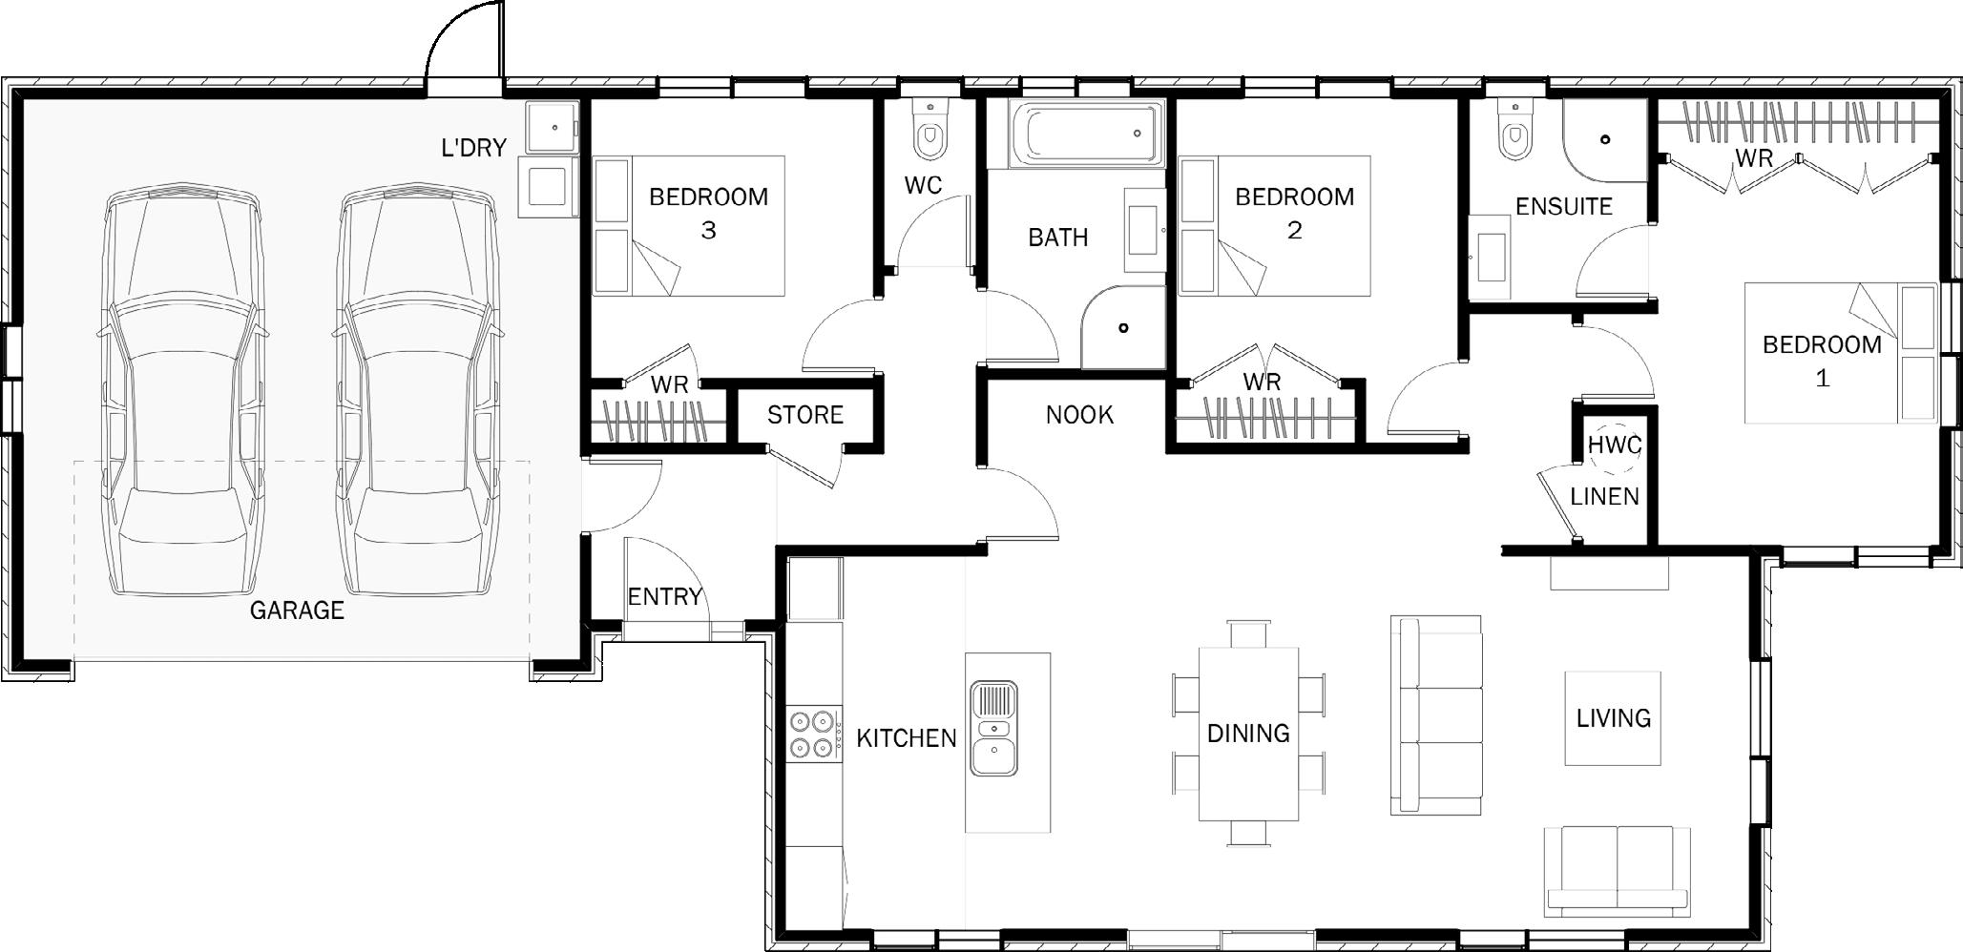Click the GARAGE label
tap(297, 611)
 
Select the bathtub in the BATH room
tap(1087, 135)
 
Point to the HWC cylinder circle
tap(1615, 447)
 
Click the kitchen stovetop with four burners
tap(814, 734)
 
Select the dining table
tap(1249, 734)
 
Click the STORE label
tap(805, 415)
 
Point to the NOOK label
tap(1079, 415)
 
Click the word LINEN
tap(1605, 496)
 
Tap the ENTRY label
tap(664, 597)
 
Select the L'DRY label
tap(473, 148)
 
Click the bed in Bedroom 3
tap(689, 226)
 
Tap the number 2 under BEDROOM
tap(1294, 231)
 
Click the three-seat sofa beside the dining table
tap(1435, 715)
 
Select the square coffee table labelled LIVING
tap(1613, 718)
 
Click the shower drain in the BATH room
tap(1123, 328)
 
